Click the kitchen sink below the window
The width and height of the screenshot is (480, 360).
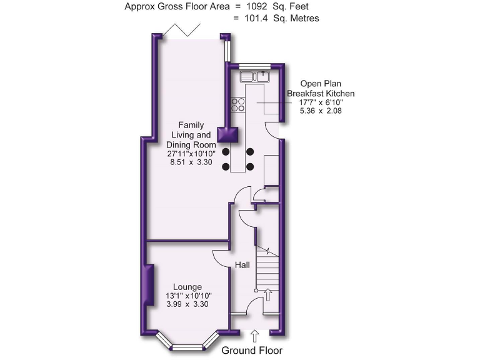coord(256,77)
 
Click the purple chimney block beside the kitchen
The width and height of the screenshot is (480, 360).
coord(227,135)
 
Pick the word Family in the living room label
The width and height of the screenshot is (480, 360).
coord(191,125)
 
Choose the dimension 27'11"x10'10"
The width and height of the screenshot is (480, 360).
coord(191,153)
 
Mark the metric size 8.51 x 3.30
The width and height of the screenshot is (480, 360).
coord(191,162)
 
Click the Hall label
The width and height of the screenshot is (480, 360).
coord(242,266)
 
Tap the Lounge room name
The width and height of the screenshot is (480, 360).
coord(187,287)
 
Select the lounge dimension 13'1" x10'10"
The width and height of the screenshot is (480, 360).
coord(188,296)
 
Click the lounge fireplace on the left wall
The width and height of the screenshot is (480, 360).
coord(149,286)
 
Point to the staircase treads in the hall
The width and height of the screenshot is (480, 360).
coord(267,269)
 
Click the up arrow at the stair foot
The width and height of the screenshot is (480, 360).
coord(269,294)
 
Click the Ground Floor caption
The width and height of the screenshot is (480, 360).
coord(252,351)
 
